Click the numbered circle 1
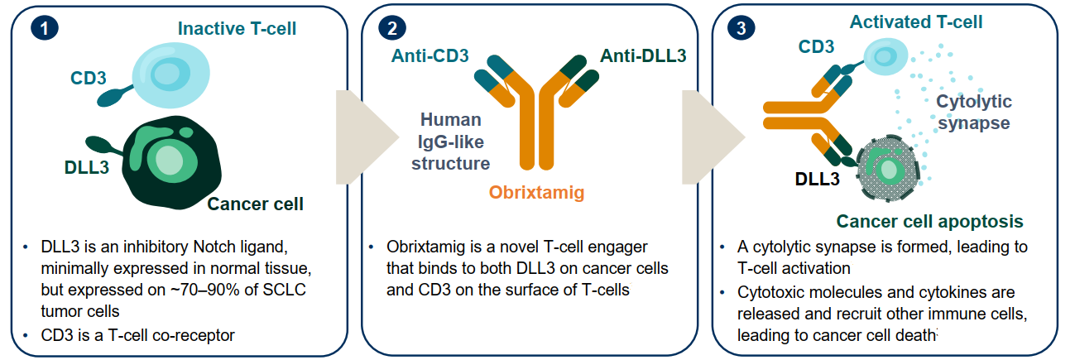pos(45,28)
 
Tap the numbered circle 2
pos(392,28)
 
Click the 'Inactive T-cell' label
pos(237,29)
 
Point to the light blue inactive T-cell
pos(170,74)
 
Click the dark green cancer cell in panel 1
pos(171,162)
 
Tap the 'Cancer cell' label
pos(256,204)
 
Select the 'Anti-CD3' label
pos(430,55)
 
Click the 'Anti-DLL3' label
pos(643,55)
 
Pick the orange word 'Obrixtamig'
pos(536,192)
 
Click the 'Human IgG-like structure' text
pos(451,142)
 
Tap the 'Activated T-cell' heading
pos(916,22)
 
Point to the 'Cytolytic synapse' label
pos(974,112)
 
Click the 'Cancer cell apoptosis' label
pos(929,221)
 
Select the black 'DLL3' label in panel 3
pos(818,179)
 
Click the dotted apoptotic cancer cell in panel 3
pos(888,168)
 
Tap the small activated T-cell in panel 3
pos(886,56)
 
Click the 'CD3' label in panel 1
pos(89,78)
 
